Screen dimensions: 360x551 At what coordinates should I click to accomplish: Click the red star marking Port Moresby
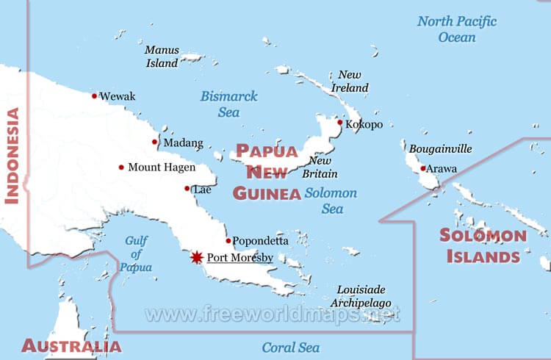point(196,257)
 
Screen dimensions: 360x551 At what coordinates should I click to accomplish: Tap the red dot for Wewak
point(94,96)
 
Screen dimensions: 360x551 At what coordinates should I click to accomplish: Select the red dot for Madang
point(154,142)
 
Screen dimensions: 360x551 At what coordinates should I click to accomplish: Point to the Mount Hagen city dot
point(121,168)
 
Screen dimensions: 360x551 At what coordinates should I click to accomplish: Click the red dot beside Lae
point(187,189)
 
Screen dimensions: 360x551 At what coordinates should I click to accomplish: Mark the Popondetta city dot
point(228,240)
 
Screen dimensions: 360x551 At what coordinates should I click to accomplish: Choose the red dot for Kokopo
point(339,123)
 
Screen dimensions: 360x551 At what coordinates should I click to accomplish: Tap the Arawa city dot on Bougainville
point(422,169)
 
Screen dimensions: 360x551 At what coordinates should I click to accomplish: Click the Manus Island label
point(162,57)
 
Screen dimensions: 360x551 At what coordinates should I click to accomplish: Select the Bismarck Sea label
point(224,104)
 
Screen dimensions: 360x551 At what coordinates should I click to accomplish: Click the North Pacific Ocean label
point(457,29)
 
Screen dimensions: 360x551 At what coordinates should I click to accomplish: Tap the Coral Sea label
point(291,348)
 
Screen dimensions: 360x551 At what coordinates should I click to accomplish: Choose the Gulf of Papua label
point(137,254)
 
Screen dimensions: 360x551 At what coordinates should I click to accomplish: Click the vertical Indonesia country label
point(12,156)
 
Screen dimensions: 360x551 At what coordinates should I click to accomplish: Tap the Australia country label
point(71,346)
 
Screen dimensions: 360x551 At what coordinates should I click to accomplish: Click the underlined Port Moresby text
point(240,258)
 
